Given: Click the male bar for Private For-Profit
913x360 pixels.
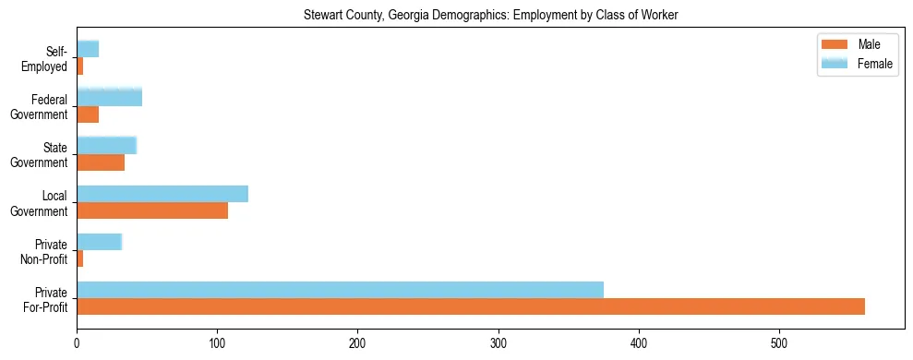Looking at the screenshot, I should click(x=471, y=306).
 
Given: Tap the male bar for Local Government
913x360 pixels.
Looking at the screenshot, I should click(x=152, y=210).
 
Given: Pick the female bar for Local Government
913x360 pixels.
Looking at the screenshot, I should click(x=162, y=194).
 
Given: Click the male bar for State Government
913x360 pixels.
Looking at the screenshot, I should click(x=101, y=162).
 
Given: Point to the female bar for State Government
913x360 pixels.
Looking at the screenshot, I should click(x=106, y=145).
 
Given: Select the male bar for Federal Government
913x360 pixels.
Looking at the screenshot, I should click(x=88, y=114).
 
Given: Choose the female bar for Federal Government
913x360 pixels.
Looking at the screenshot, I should click(x=109, y=97).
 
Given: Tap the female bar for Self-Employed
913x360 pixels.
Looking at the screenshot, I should click(x=88, y=49).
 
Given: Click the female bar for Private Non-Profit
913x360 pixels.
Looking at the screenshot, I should click(x=99, y=242).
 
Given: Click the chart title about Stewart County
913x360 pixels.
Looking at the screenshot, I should click(x=491, y=15).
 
